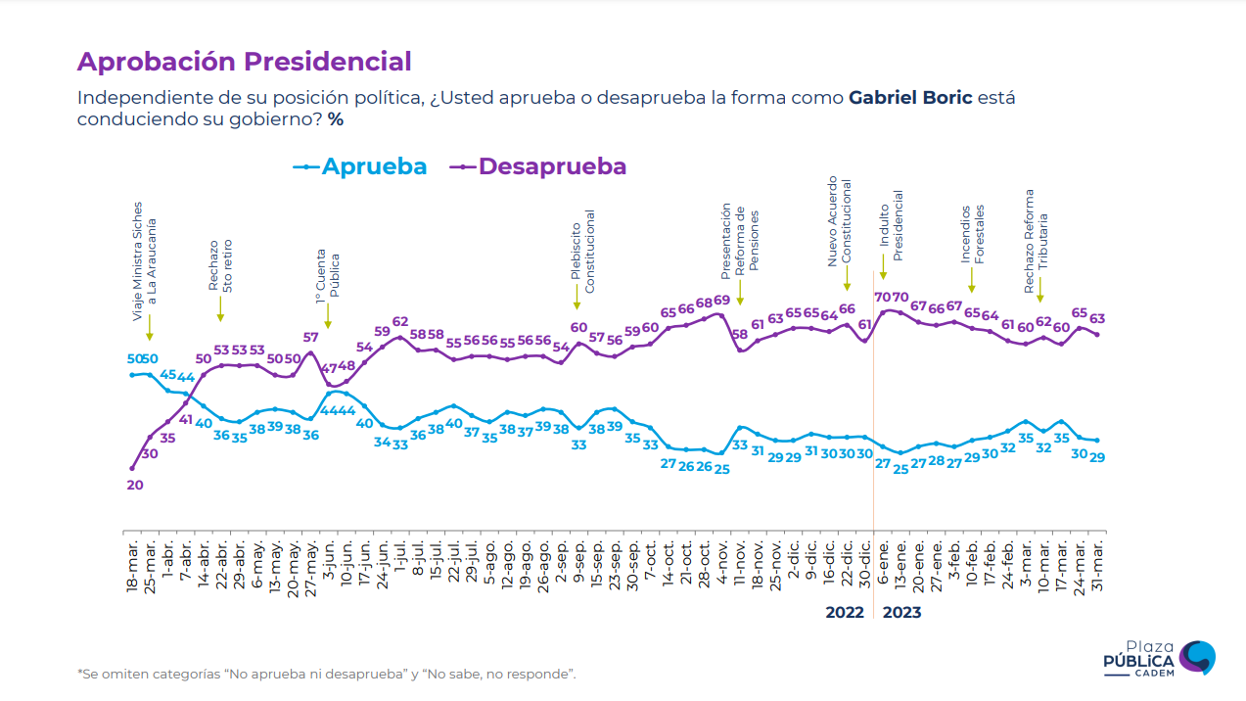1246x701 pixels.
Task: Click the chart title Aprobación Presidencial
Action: (x=244, y=62)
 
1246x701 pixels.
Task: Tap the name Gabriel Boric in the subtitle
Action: (x=910, y=99)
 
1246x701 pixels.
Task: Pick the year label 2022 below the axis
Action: (x=845, y=613)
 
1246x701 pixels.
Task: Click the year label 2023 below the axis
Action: (x=901, y=613)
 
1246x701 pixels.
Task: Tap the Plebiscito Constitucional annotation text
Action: (x=583, y=252)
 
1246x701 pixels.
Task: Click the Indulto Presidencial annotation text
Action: (x=891, y=225)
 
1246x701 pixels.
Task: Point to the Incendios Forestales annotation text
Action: (x=972, y=234)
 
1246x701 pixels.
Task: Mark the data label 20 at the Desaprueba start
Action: (x=135, y=484)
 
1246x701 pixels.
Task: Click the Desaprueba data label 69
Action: (x=721, y=301)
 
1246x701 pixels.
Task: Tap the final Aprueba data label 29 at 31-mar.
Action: (x=1097, y=457)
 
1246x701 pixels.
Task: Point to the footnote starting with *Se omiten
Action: (x=326, y=674)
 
